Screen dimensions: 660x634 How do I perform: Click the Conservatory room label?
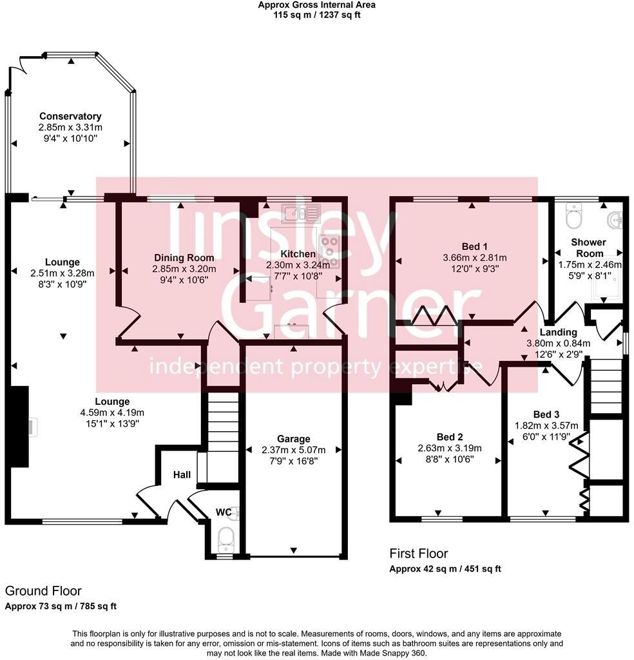pyautogui.click(x=70, y=116)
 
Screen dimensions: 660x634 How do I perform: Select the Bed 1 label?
pyautogui.click(x=474, y=246)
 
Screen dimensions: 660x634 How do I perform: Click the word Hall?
pyautogui.click(x=182, y=475)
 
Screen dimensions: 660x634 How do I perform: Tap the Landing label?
pyautogui.click(x=559, y=333)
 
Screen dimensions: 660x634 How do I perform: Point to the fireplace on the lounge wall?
pyautogui.click(x=21, y=425)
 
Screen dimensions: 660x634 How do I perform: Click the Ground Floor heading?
pyautogui.click(x=43, y=590)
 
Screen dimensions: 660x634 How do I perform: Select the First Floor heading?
pyautogui.click(x=418, y=554)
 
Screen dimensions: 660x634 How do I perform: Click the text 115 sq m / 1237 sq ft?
pyautogui.click(x=316, y=15)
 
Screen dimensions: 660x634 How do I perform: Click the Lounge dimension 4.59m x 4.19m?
pyautogui.click(x=112, y=412)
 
